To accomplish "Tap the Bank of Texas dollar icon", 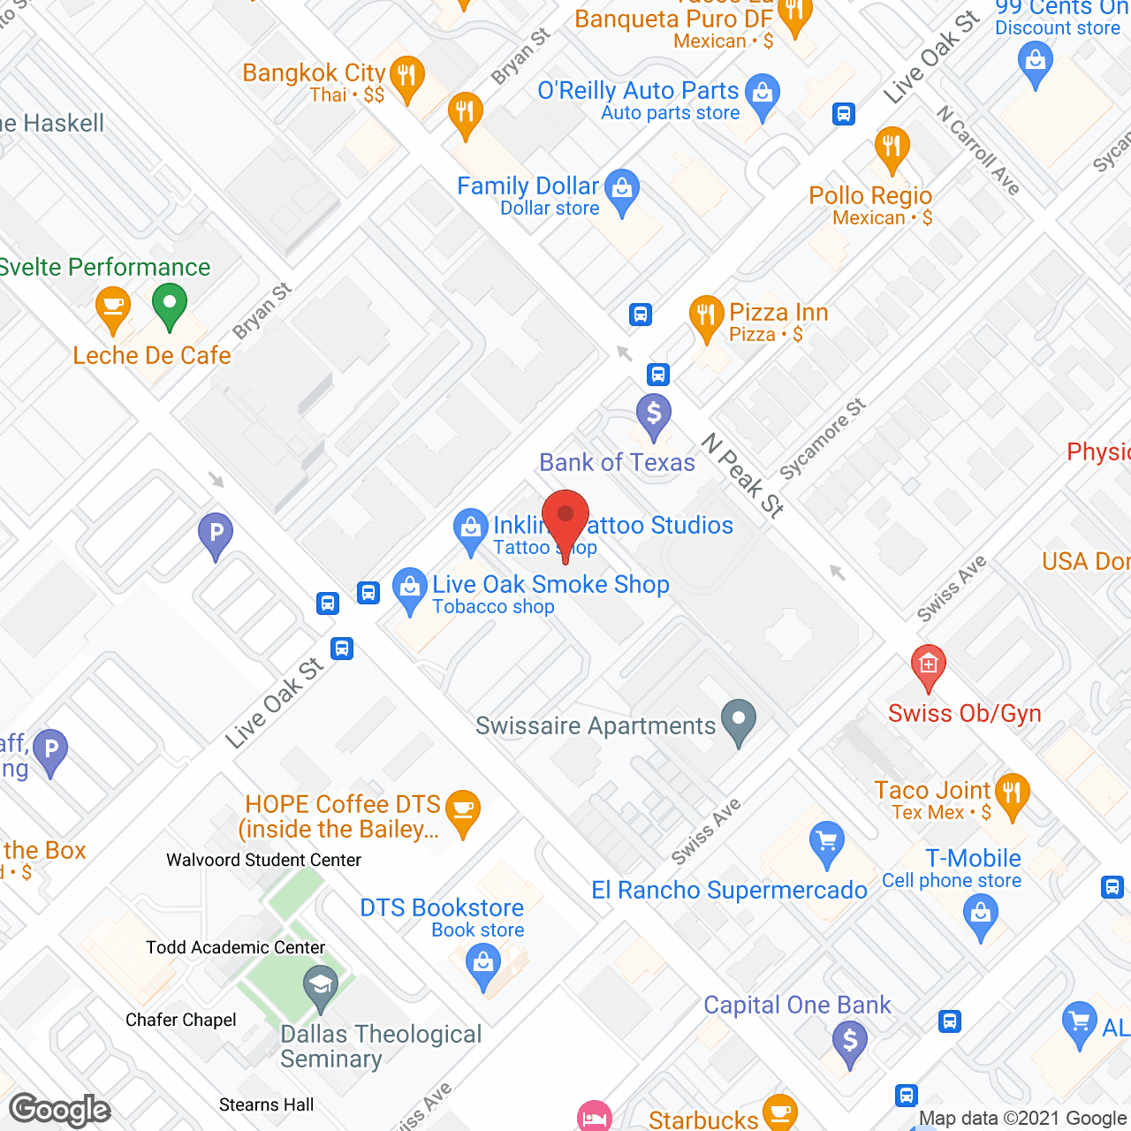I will pos(654,414).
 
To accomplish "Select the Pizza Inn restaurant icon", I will pos(706,315).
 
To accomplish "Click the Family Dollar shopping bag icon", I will pos(623,189).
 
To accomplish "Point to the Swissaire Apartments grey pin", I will pos(739,719).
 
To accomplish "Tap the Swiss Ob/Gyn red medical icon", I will pos(928,664).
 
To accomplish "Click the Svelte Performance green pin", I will pos(169,304).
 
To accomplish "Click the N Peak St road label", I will pos(743,475).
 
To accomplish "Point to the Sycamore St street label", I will pos(822,439).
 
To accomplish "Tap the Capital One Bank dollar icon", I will pos(850,1041).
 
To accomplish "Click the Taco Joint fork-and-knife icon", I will pos(1013,793).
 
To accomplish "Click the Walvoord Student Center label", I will pos(263,860).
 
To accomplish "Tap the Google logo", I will pos(60,1110).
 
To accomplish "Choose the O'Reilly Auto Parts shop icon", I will pos(762,94).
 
